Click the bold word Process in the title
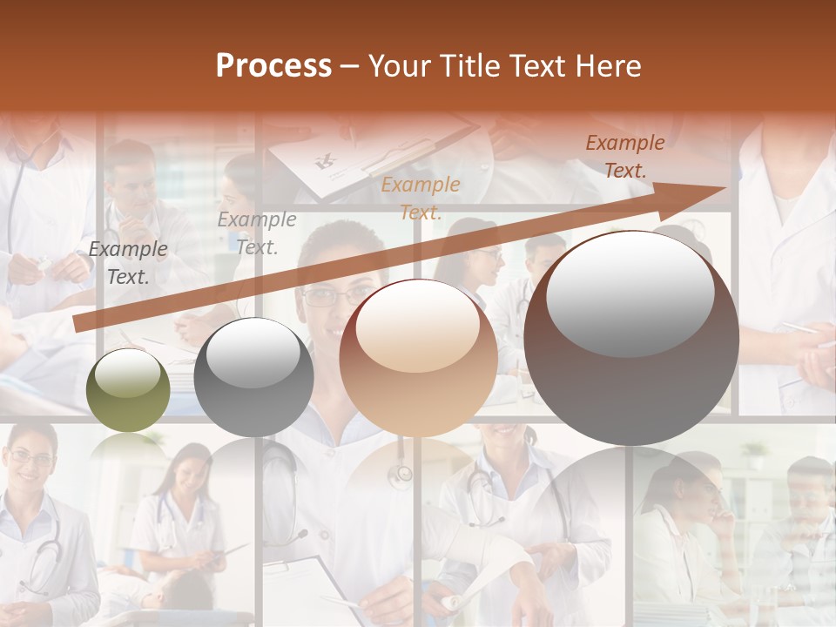273,65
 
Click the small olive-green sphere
128,390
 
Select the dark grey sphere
253,377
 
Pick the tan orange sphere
418,357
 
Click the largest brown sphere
631,338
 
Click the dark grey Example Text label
128,263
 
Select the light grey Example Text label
257,233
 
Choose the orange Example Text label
421,198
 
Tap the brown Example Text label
625,156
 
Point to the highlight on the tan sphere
418,327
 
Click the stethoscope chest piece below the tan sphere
400,475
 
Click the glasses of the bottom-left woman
30,458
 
